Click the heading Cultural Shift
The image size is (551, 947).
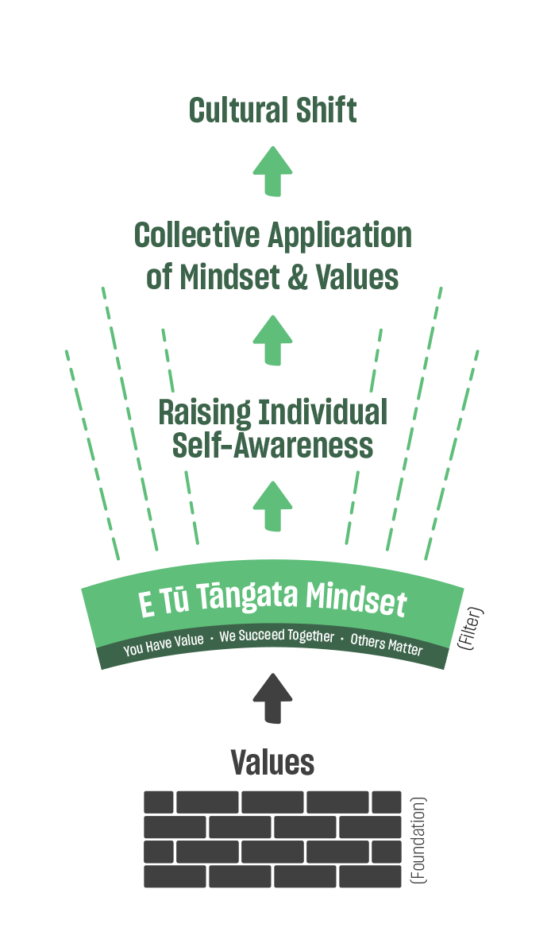point(272,111)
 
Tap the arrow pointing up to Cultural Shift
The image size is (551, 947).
point(273,171)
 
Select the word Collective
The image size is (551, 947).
point(197,236)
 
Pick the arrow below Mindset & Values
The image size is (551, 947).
point(273,340)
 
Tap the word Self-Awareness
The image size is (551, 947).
point(272,446)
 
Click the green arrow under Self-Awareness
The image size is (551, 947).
point(273,506)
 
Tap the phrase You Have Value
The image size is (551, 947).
point(162,646)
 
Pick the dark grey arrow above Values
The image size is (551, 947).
point(273,698)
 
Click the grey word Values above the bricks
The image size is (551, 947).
point(272,763)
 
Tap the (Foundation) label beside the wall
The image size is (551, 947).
point(418,841)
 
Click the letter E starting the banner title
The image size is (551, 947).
point(146,605)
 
